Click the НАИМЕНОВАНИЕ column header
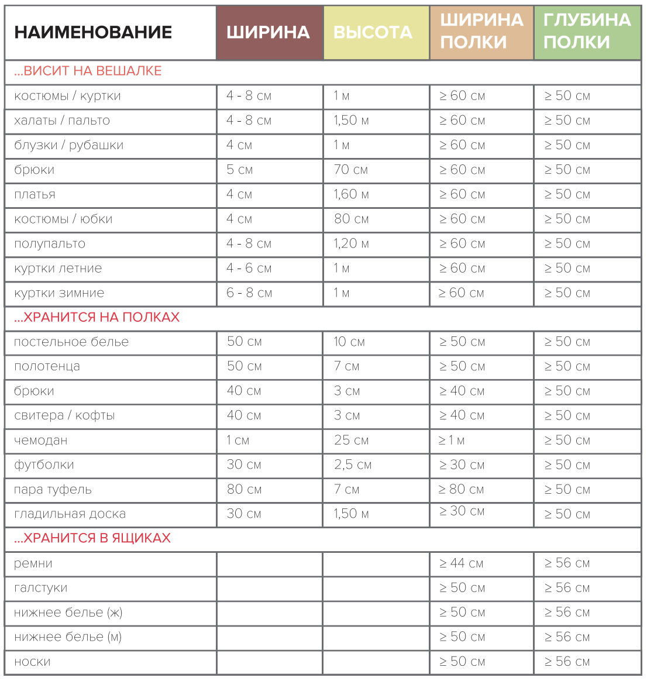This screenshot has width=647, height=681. coord(93,32)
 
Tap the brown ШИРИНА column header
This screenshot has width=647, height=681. coord(268,32)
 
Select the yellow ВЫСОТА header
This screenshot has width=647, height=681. coord(373,32)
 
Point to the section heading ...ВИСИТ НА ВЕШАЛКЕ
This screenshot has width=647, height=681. coord(88,71)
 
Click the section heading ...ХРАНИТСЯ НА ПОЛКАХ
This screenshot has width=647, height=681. coord(97,318)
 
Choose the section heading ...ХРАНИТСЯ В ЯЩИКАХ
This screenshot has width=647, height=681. coord(92,538)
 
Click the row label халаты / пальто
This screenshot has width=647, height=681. coord(62,121)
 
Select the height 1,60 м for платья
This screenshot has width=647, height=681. coord(351,194)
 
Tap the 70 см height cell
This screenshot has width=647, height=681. coord(350,170)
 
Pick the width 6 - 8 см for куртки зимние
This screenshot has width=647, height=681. coord(249,293)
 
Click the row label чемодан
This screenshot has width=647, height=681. coord(41,441)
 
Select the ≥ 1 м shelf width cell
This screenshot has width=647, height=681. coord(452,441)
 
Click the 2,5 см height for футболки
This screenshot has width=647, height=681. coord(353,465)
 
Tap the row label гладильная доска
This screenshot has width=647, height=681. coord(70,514)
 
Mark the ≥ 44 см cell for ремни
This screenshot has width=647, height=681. coord(461,563)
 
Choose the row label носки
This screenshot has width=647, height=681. coord(32,662)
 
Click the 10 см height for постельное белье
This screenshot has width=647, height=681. coord(349,342)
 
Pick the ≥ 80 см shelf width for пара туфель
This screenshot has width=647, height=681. coord(461,490)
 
